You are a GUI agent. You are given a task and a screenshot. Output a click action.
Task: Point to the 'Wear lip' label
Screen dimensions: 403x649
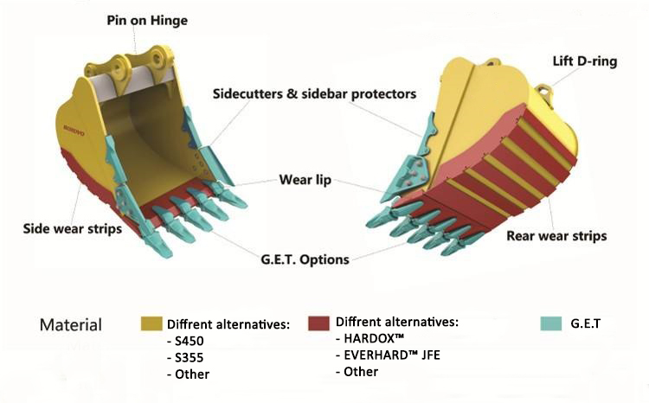point(302,181)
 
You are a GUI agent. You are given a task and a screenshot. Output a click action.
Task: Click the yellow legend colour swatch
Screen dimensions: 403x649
point(151,324)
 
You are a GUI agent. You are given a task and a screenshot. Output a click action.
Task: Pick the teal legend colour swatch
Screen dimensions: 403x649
point(551,323)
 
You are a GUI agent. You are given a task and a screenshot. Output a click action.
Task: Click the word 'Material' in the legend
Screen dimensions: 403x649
point(71,325)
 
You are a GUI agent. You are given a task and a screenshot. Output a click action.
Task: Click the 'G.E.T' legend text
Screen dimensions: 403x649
point(587,323)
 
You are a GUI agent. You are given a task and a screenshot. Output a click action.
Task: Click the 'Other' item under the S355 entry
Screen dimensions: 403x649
point(191,374)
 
